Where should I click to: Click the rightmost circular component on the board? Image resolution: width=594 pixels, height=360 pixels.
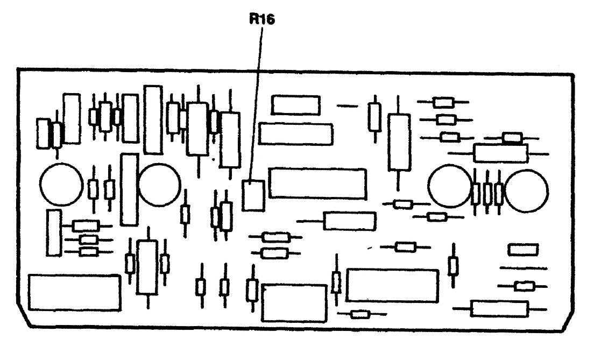(526, 190)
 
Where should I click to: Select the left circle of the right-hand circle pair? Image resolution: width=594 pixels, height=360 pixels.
(450, 186)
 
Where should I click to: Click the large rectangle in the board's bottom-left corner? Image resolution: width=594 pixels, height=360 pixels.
(74, 292)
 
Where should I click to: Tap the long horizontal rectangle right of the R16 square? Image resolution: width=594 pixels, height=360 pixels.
(317, 183)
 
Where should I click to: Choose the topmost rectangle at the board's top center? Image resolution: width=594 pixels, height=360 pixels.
(295, 105)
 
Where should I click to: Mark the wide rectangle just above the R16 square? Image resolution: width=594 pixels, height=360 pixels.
(295, 133)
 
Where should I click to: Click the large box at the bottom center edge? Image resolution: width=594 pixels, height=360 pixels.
(294, 303)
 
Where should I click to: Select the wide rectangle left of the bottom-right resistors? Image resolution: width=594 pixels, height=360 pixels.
(392, 285)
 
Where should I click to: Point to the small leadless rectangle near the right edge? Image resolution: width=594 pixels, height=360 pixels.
(523, 250)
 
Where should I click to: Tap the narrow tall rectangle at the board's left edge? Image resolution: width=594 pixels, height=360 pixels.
(53, 232)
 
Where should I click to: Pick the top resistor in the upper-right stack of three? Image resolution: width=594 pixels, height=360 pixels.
(444, 102)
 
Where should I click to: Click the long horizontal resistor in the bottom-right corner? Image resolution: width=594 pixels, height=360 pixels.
(499, 309)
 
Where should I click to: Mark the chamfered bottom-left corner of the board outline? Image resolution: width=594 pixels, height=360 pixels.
(24, 317)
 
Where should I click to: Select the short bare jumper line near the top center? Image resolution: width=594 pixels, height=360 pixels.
(347, 105)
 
